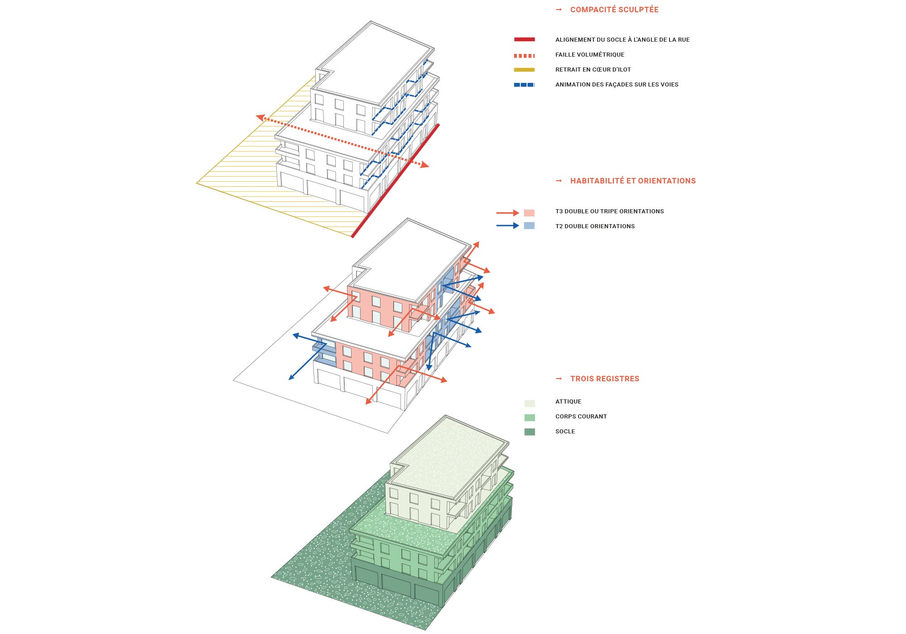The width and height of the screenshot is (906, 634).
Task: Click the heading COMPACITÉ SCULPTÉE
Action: coord(614,10)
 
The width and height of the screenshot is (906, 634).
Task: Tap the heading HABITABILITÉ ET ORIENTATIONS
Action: coord(633,181)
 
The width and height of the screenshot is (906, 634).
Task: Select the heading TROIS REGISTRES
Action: coord(605,379)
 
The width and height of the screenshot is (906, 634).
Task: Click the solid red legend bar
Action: coord(525,39)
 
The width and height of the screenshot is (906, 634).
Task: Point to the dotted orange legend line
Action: coord(525,56)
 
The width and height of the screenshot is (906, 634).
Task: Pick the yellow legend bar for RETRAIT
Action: coord(525,70)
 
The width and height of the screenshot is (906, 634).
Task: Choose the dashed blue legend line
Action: coord(525,85)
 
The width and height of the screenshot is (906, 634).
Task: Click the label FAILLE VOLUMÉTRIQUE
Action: coord(590,54)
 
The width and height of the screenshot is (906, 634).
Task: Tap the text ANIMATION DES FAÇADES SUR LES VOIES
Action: coord(617,84)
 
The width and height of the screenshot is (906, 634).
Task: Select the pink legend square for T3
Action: coord(529,213)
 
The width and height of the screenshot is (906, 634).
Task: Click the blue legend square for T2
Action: coord(529,226)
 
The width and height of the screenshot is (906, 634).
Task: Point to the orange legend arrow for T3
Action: coord(508,213)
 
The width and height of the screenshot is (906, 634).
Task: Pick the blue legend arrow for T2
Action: coord(508,226)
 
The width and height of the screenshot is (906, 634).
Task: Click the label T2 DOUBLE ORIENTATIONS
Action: coord(595,226)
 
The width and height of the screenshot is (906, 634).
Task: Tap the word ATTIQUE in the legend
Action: coord(569,401)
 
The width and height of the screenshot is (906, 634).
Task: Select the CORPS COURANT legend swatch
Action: coord(530,418)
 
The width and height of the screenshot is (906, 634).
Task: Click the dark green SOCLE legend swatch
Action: coord(530,432)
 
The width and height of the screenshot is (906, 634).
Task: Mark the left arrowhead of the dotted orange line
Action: coord(260,118)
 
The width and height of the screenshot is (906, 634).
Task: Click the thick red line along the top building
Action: coord(395,180)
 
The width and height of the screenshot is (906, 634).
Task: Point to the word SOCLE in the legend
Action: coord(565,431)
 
